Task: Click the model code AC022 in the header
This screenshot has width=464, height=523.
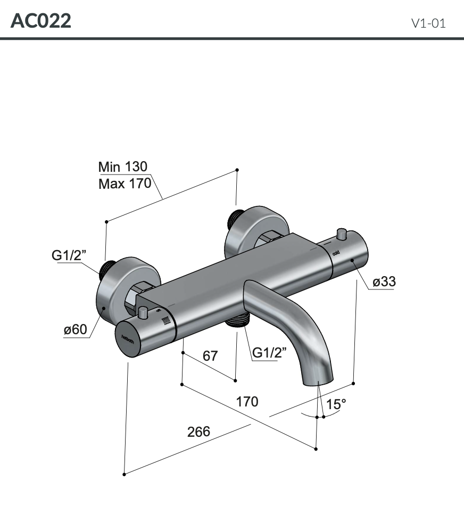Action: tap(41, 21)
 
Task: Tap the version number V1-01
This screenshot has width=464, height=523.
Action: tap(428, 23)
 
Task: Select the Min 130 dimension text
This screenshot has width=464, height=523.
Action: tap(123, 167)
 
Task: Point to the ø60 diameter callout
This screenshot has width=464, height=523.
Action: tap(75, 330)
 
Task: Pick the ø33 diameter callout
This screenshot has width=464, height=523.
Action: tap(384, 281)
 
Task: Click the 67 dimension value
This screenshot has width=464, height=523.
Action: tap(211, 355)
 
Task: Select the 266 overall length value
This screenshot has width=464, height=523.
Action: tap(198, 431)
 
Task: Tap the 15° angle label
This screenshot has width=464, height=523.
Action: tap(336, 404)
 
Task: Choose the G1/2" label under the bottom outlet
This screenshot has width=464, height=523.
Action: tap(269, 352)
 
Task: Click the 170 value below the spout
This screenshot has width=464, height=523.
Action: tap(247, 401)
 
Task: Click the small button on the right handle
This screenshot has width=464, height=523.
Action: tap(341, 234)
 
